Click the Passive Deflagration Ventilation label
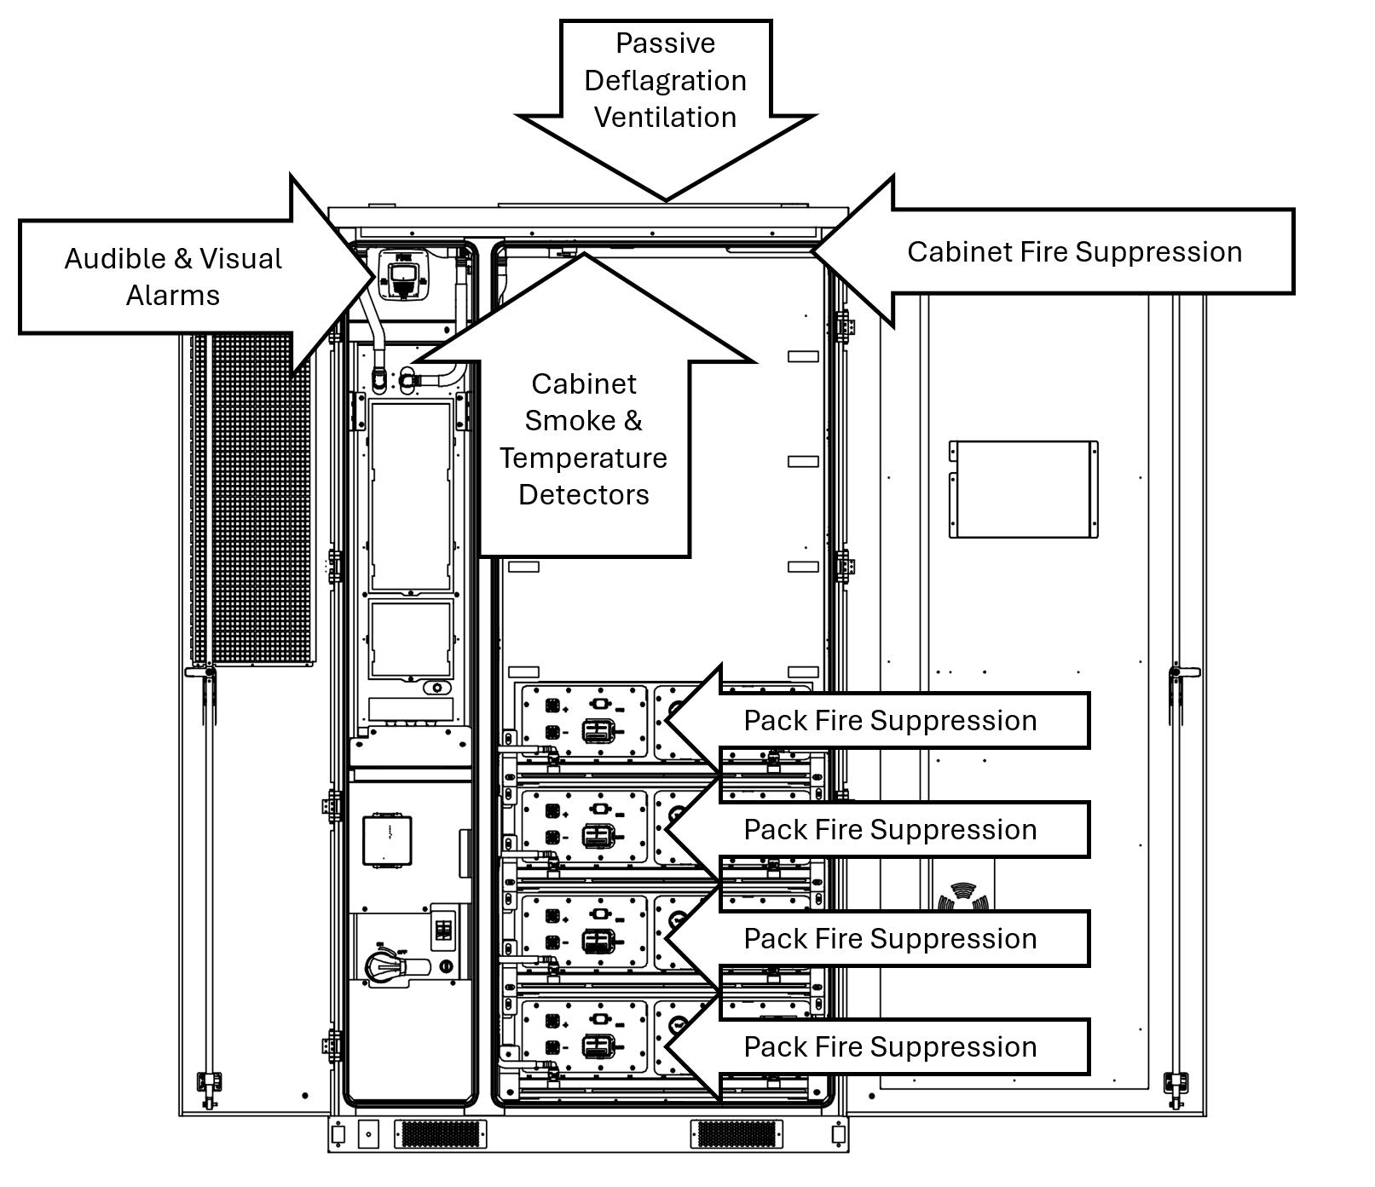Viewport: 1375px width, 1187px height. coord(665,80)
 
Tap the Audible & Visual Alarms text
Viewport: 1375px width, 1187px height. coord(173,276)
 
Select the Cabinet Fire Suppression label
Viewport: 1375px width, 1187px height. coord(1074,252)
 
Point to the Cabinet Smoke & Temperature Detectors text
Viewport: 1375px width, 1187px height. coord(584,439)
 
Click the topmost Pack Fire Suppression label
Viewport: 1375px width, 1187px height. coord(890,721)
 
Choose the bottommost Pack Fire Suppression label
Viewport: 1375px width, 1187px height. coord(890,1047)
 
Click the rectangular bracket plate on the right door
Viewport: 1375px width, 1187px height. coord(1023,489)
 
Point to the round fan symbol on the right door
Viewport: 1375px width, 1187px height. coord(961,899)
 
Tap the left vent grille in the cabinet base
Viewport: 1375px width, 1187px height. coord(440,1133)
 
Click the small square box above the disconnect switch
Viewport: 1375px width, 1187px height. coord(388,840)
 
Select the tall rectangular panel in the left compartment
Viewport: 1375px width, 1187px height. coord(411,497)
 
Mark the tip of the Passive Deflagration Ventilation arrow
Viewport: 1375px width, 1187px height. coord(666,199)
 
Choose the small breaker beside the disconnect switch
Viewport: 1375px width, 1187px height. coord(444,927)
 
